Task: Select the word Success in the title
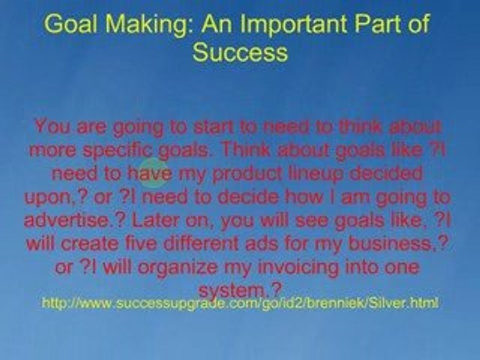(x=240, y=52)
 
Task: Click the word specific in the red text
(x=123, y=149)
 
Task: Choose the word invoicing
(x=296, y=267)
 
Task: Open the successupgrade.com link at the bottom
(x=240, y=303)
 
